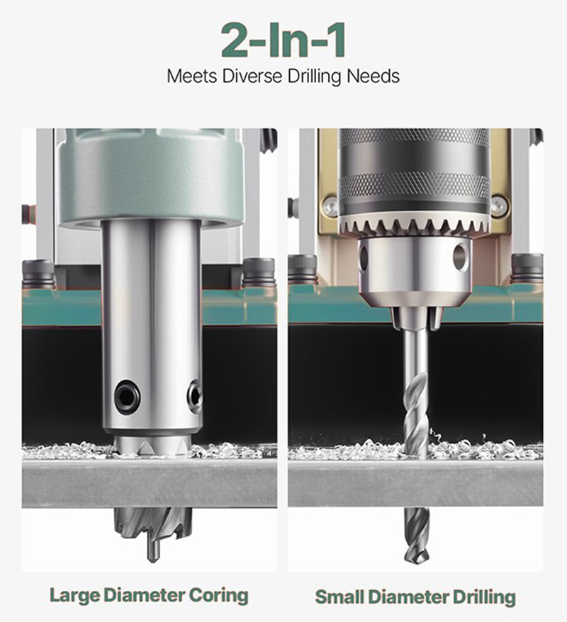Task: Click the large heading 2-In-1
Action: [x=283, y=41]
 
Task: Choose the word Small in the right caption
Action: [x=340, y=596]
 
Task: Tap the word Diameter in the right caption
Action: [x=410, y=596]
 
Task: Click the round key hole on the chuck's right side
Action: [x=460, y=256]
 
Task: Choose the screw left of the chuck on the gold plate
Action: [x=330, y=206]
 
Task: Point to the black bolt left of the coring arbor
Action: [x=38, y=273]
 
